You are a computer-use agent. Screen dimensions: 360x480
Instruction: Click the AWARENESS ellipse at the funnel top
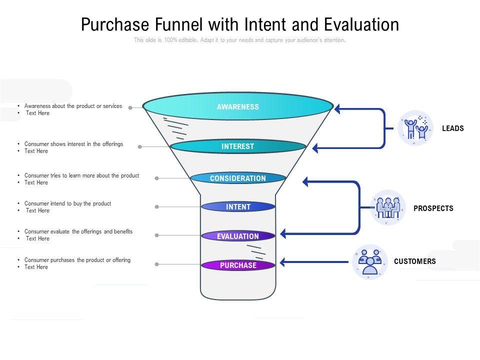pyautogui.click(x=238, y=106)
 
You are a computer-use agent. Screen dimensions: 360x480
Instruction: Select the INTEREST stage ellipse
pyautogui.click(x=238, y=146)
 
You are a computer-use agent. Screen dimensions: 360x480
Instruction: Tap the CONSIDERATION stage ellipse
pyautogui.click(x=238, y=178)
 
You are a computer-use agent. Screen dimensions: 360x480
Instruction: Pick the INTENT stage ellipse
pyautogui.click(x=238, y=206)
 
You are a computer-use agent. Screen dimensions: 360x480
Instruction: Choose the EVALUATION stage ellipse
pyautogui.click(x=238, y=236)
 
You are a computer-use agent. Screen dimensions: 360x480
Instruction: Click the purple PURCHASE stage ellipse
pyautogui.click(x=238, y=265)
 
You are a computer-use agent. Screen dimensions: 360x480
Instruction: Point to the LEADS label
pyautogui.click(x=452, y=128)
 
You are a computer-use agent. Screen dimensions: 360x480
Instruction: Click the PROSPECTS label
pyautogui.click(x=433, y=208)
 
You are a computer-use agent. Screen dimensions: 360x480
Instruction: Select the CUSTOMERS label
pyautogui.click(x=414, y=261)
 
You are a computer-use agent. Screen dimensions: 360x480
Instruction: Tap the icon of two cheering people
pyautogui.click(x=415, y=128)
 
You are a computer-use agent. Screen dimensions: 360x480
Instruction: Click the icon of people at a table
pyautogui.click(x=388, y=207)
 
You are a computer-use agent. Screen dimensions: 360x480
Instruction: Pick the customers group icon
pyautogui.click(x=369, y=261)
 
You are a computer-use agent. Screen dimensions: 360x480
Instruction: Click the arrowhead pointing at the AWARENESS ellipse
pyautogui.click(x=338, y=108)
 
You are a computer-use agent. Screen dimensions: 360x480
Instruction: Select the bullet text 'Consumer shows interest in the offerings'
pyautogui.click(x=73, y=144)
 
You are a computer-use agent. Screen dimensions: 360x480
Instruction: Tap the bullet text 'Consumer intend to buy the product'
pyautogui.click(x=67, y=203)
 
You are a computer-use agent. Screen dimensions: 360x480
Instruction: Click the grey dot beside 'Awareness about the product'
pyautogui.click(x=130, y=107)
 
